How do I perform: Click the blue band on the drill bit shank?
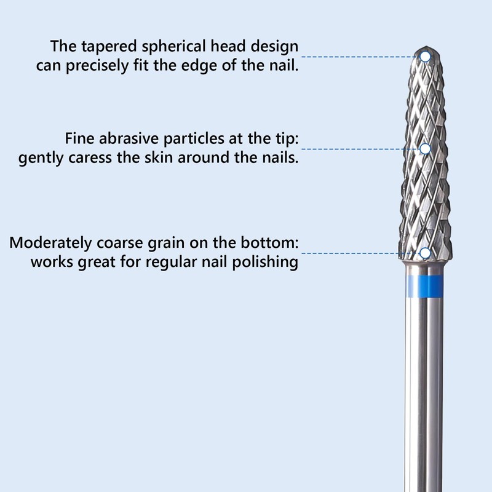[x=424, y=285]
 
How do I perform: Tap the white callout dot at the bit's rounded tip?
[x=425, y=57]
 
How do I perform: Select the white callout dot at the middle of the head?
[x=425, y=148]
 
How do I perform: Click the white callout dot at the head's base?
[x=425, y=253]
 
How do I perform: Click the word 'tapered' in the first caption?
[x=106, y=47]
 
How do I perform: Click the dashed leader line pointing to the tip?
[x=360, y=57]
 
